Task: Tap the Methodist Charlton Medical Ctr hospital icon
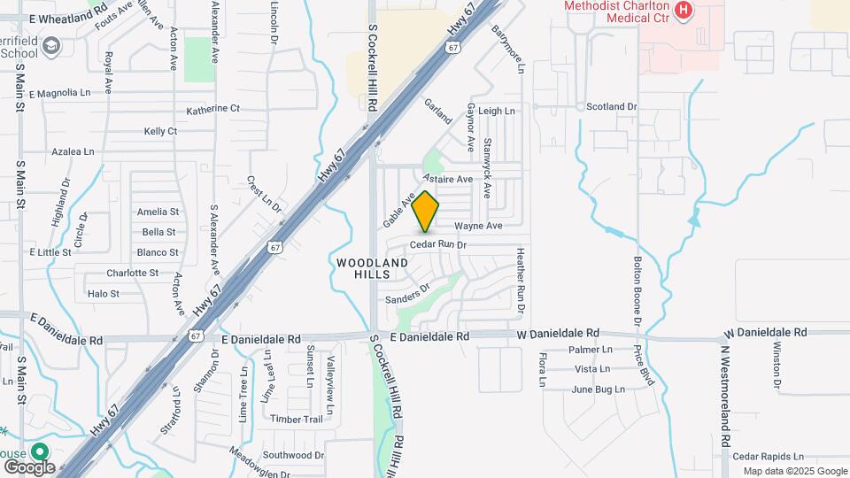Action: [x=683, y=11]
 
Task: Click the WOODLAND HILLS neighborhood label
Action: [x=373, y=268]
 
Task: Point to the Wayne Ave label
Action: [x=479, y=226]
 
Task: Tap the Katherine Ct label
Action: [x=212, y=109]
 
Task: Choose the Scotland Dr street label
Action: [x=612, y=106]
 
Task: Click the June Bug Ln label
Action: [x=598, y=389]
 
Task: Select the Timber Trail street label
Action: [x=298, y=419]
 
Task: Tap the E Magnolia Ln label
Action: [x=60, y=93]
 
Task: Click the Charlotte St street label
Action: [x=132, y=273]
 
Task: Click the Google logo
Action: [x=29, y=466]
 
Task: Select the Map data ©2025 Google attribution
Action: [x=794, y=471]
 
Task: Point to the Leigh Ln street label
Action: [x=497, y=112]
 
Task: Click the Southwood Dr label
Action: [x=295, y=455]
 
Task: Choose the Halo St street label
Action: [x=104, y=293]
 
